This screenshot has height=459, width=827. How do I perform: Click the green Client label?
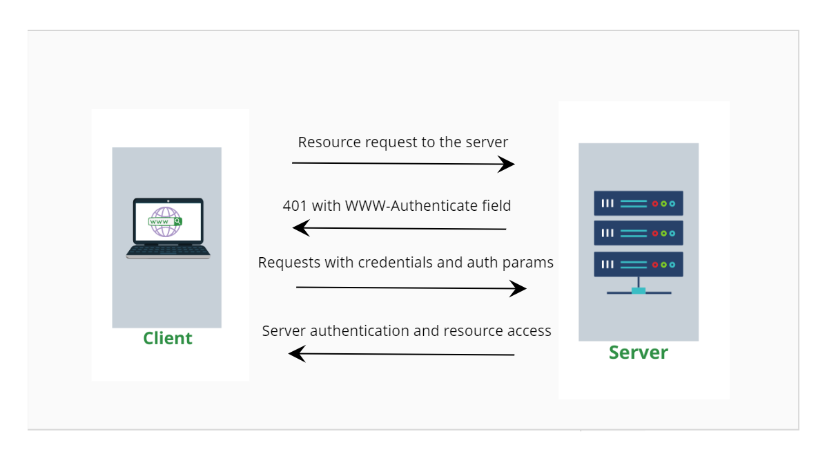coord(167,338)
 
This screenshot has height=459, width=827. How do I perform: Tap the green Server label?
coord(638,352)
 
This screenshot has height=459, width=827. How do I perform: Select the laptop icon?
coord(168,228)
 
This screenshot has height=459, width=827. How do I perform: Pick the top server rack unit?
coord(638,203)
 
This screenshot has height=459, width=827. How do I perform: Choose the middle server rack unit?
coord(638,233)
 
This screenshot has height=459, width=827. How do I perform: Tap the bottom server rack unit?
coord(638,264)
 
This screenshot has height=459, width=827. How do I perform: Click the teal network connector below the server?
coord(639,290)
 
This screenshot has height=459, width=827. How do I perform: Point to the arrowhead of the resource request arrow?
coord(508,164)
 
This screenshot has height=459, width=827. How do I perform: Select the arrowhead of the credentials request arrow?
coord(519,288)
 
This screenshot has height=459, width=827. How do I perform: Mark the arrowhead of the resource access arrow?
coord(296,354)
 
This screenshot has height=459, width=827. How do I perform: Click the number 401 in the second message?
coord(295,205)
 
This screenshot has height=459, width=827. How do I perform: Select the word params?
coord(529,263)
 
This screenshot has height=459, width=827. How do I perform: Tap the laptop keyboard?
coord(168,250)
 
